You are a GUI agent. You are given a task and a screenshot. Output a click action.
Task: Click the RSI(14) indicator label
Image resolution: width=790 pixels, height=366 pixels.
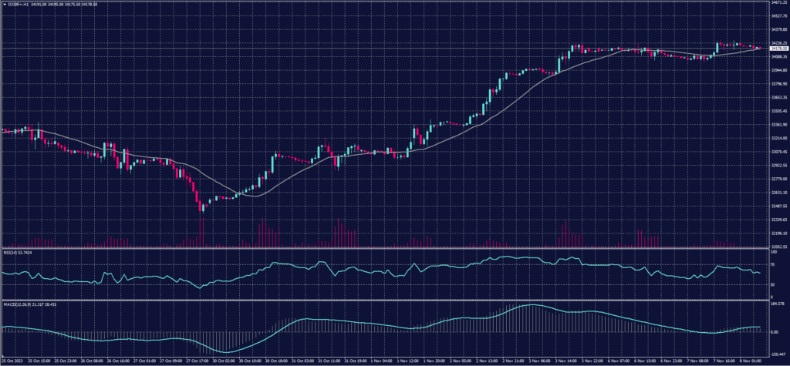[10, 252]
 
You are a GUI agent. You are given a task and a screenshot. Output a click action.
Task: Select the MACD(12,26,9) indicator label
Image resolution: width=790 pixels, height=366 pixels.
[16, 304]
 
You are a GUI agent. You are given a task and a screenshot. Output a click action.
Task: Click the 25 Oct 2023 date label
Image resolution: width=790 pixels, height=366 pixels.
[12, 360]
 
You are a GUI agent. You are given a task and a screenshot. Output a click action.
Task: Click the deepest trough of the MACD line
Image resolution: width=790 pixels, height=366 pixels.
[228, 352]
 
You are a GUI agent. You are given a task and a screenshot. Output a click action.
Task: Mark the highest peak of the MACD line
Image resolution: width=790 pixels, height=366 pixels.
[532, 305]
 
